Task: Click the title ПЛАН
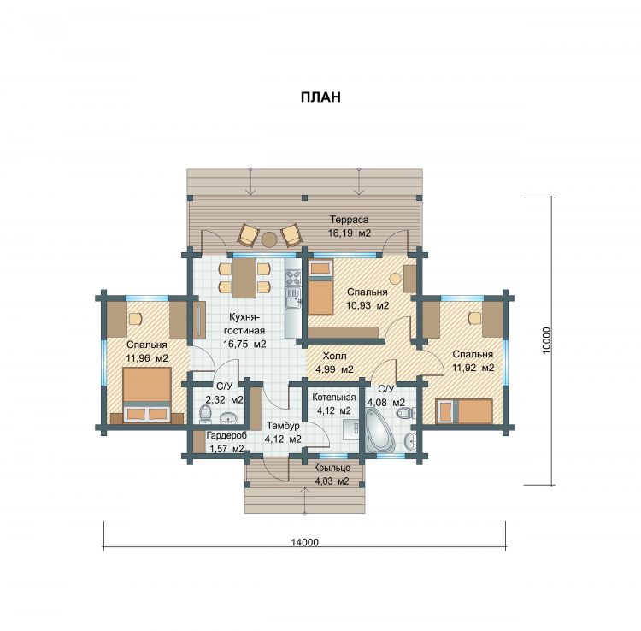pyautogui.click(x=320, y=97)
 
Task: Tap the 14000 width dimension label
pyautogui.click(x=304, y=542)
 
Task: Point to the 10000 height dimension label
pyautogui.click(x=547, y=340)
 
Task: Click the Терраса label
pyautogui.click(x=349, y=220)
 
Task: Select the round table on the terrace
pyautogui.click(x=269, y=239)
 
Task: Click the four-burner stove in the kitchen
pyautogui.click(x=293, y=278)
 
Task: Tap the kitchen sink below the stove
pyautogui.click(x=293, y=298)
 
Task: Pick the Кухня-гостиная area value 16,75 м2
pyautogui.click(x=244, y=344)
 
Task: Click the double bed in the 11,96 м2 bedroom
pyautogui.click(x=147, y=396)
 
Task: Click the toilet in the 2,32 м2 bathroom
pyautogui.click(x=204, y=414)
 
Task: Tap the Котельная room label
pyautogui.click(x=334, y=397)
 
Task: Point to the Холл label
pyautogui.click(x=334, y=356)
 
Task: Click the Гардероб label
pyautogui.click(x=226, y=435)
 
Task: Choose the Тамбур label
pyautogui.click(x=283, y=426)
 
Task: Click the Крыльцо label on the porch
pyautogui.click(x=332, y=468)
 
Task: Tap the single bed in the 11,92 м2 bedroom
pyautogui.click(x=464, y=411)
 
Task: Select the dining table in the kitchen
pyautogui.click(x=244, y=278)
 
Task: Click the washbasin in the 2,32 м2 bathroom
pyautogui.click(x=228, y=417)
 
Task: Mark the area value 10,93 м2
pyautogui.click(x=368, y=305)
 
